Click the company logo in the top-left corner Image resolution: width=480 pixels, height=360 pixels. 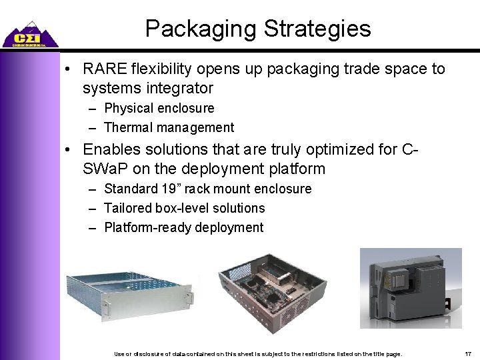click(29, 33)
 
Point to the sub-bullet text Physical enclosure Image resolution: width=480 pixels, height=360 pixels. click(159, 108)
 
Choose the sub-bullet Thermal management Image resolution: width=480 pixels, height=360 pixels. click(169, 127)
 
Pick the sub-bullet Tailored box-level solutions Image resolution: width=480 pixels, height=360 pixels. click(185, 209)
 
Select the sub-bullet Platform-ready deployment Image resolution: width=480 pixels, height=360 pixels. click(184, 228)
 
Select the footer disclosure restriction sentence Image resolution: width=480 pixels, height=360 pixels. click(259, 352)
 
